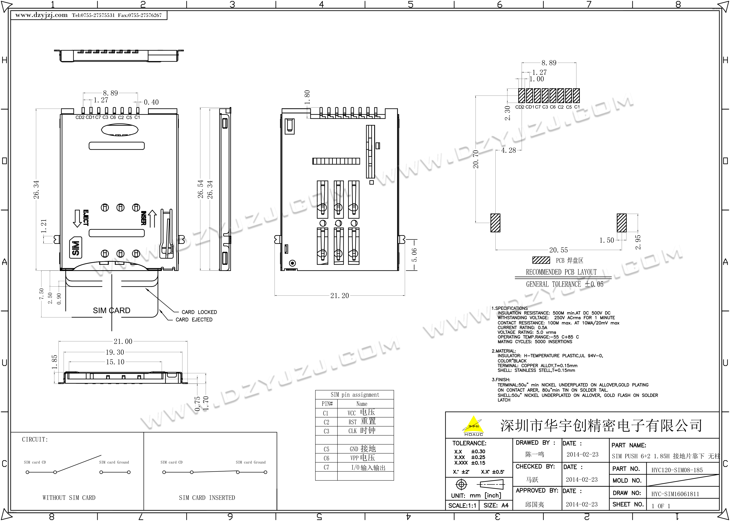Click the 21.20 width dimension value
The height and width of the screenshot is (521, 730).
[x=339, y=295]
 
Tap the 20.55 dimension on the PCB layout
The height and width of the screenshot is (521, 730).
[x=558, y=250]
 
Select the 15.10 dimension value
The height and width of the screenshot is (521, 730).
[x=115, y=362]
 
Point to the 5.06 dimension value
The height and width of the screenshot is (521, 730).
[x=414, y=255]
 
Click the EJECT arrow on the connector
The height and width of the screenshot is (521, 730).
[x=77, y=218]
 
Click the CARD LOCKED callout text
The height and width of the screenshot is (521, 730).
[x=199, y=312]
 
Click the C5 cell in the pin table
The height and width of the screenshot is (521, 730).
[x=326, y=449]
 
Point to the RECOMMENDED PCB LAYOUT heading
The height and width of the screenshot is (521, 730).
[x=561, y=272]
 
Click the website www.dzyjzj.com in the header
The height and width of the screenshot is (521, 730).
[x=41, y=15]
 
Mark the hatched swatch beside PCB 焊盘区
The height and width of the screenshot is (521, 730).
[x=541, y=260]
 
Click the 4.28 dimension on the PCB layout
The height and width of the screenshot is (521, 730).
[x=508, y=150]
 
